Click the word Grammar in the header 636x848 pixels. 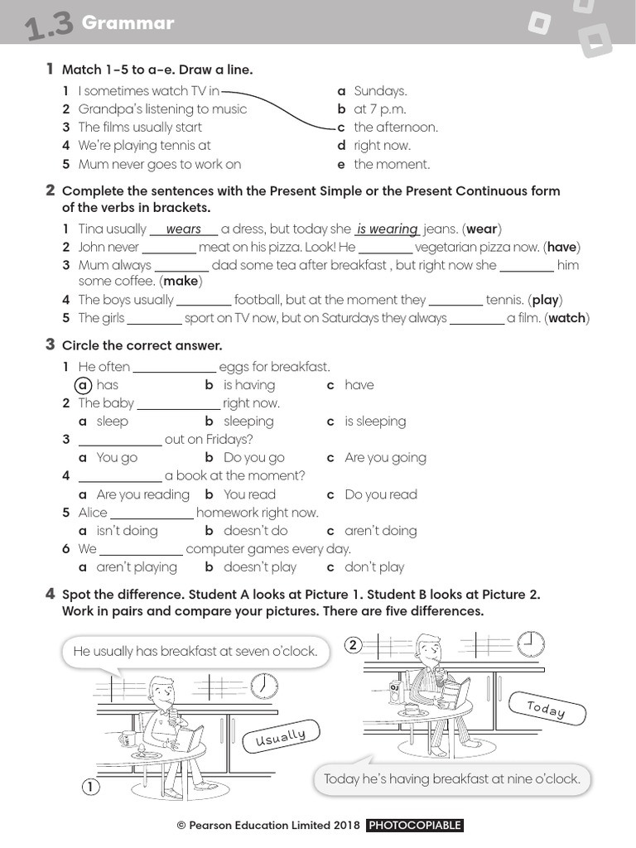pyautogui.click(x=128, y=23)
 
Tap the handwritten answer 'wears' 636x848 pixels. pyautogui.click(x=183, y=229)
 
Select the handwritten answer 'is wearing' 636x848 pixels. pyautogui.click(x=387, y=229)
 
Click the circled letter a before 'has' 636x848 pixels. pyautogui.click(x=83, y=385)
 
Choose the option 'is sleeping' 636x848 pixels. pyautogui.click(x=375, y=422)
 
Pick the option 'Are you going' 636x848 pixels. pyautogui.click(x=385, y=458)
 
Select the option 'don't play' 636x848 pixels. pyautogui.click(x=374, y=567)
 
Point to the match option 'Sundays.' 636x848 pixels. pyautogui.click(x=380, y=91)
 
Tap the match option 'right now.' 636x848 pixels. pyautogui.click(x=382, y=146)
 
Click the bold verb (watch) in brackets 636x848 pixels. pyautogui.click(x=566, y=318)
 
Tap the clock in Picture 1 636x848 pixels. pyautogui.click(x=264, y=685)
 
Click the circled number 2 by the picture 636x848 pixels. pyautogui.click(x=354, y=645)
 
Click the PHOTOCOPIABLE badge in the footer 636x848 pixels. pyautogui.click(x=414, y=826)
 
